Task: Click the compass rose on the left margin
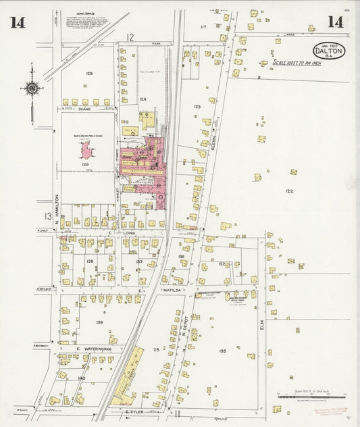pyautogui.click(x=31, y=87)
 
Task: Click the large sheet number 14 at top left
pyautogui.click(x=18, y=22)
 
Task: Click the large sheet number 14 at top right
pyautogui.click(x=334, y=22)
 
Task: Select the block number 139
pyautogui.click(x=99, y=322)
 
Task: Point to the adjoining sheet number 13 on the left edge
pyautogui.click(x=47, y=216)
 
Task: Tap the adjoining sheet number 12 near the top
pyautogui.click(x=130, y=37)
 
